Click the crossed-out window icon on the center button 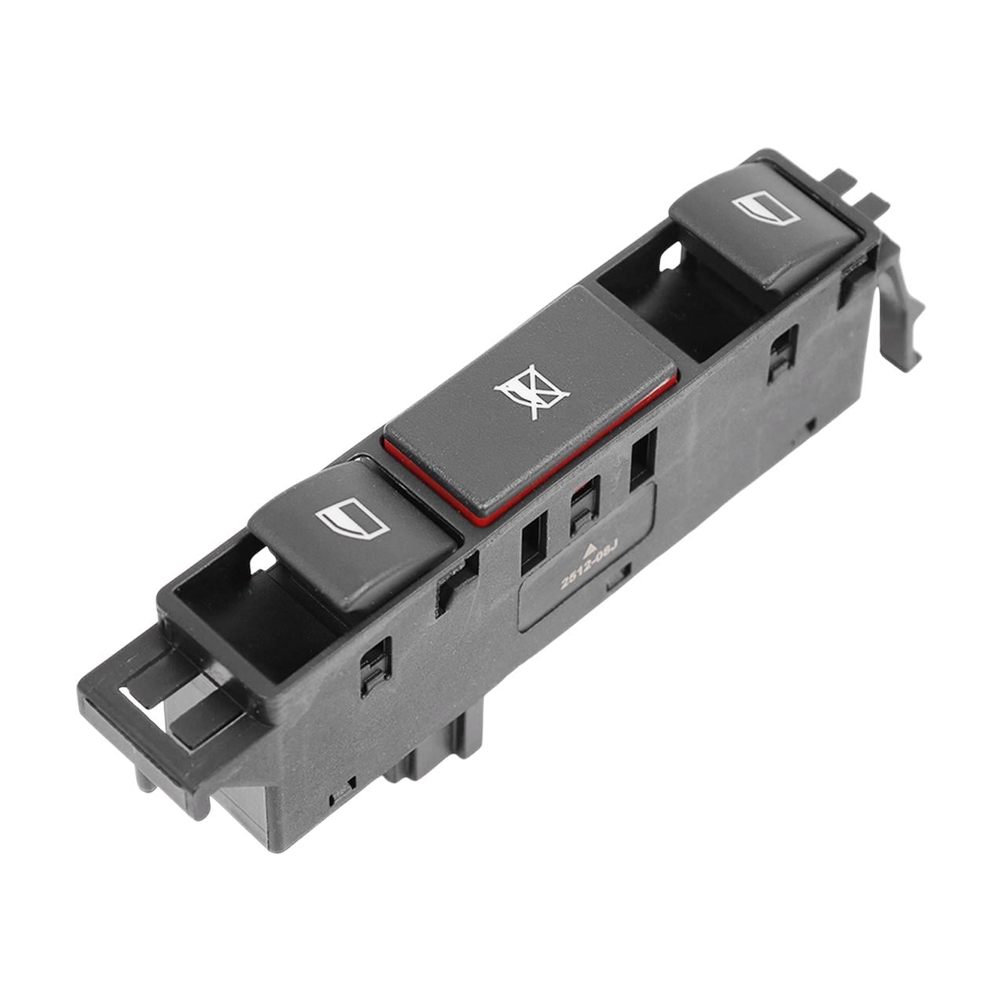[x=531, y=391]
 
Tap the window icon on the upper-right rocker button [x=766, y=207]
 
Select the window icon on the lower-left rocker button [x=353, y=517]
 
